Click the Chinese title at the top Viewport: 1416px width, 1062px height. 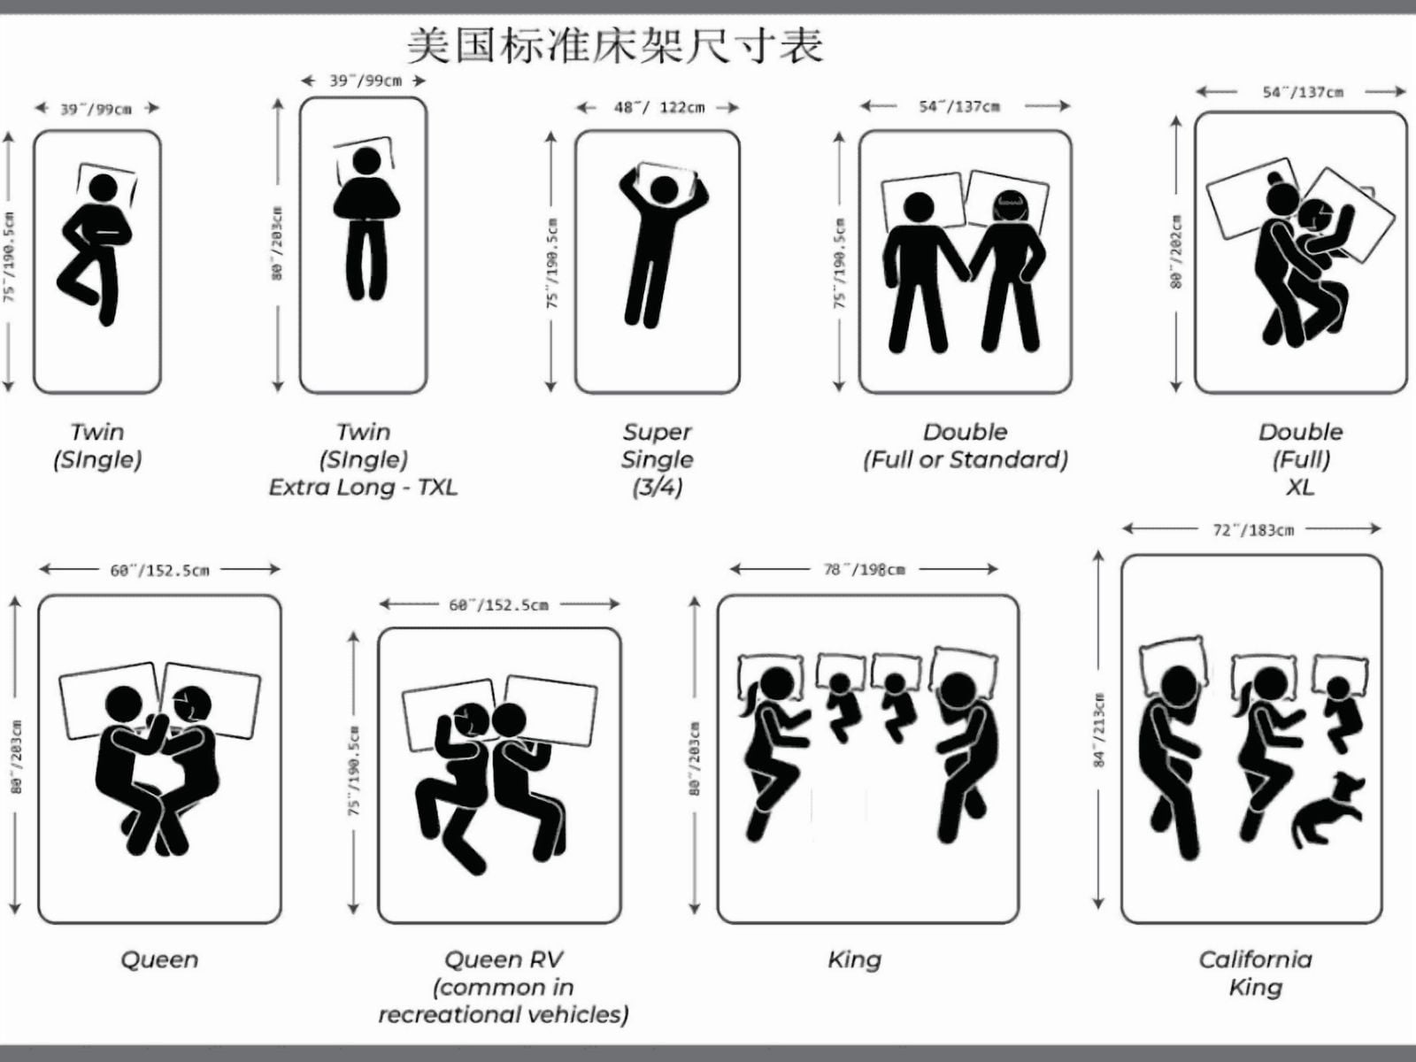click(615, 45)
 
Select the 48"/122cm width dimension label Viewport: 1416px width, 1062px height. click(658, 107)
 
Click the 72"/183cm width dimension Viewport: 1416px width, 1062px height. click(1253, 530)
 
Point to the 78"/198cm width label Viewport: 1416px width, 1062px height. click(864, 569)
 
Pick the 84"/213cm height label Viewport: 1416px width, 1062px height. click(1099, 730)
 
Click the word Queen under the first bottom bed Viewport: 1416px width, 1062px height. click(159, 959)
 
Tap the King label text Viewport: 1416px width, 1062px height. click(854, 959)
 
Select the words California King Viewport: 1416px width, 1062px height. click(1255, 973)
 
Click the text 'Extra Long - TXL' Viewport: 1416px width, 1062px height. click(363, 487)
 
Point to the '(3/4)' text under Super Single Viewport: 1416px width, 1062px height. click(658, 488)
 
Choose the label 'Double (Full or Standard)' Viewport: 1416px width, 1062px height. click(965, 445)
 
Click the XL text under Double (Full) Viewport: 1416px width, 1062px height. click(1301, 487)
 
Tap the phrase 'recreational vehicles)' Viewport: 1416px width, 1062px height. click(504, 1015)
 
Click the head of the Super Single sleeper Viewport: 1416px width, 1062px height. click(664, 189)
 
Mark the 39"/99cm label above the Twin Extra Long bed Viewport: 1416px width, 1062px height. click(366, 81)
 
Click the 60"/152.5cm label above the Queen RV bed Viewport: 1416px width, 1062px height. click(498, 604)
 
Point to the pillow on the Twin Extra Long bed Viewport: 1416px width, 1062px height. click(364, 159)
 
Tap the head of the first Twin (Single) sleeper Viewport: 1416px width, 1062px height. click(104, 188)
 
